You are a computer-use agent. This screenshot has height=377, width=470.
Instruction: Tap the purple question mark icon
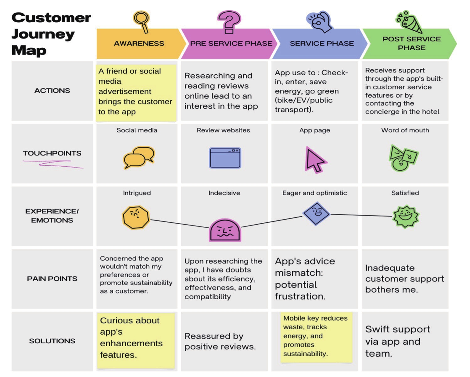(x=229, y=22)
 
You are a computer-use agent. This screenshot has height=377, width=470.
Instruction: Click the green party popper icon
(x=409, y=22)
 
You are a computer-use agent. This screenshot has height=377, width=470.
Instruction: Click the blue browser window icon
(x=225, y=158)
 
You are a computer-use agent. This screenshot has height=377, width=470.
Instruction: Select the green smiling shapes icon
(x=403, y=158)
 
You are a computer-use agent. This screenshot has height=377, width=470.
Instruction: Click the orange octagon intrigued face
(x=136, y=217)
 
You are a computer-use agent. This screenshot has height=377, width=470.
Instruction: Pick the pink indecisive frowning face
(x=225, y=230)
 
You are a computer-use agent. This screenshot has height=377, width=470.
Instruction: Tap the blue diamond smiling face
(x=317, y=214)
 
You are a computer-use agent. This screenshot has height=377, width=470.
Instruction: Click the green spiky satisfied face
(x=406, y=216)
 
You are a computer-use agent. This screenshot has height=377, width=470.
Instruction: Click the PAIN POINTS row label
(x=52, y=279)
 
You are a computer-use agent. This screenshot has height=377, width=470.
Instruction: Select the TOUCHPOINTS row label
(x=52, y=153)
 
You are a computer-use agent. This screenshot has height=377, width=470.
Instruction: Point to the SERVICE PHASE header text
(x=322, y=44)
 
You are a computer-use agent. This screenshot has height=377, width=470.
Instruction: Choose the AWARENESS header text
(x=139, y=44)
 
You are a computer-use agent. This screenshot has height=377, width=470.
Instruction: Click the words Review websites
(x=223, y=130)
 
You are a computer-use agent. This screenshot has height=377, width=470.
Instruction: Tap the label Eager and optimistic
(x=315, y=193)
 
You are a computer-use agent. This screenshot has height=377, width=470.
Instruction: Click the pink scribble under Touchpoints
(x=53, y=164)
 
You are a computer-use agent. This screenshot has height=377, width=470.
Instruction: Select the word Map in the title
(x=29, y=50)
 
